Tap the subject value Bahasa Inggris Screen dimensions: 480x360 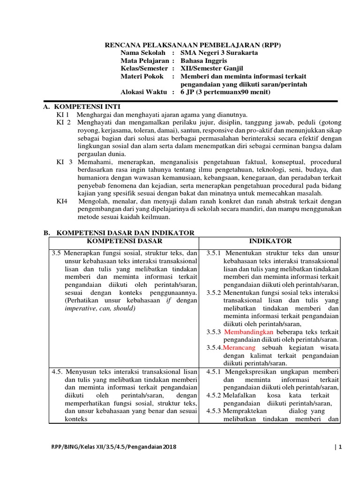point(204,61)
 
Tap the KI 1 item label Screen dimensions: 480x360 point(63,115)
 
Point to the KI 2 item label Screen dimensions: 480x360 point(64,122)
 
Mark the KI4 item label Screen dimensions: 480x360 point(62,202)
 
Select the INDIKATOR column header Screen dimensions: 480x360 point(270,241)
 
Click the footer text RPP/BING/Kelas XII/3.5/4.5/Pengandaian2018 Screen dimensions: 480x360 point(110,447)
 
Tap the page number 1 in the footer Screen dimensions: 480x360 point(340,447)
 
